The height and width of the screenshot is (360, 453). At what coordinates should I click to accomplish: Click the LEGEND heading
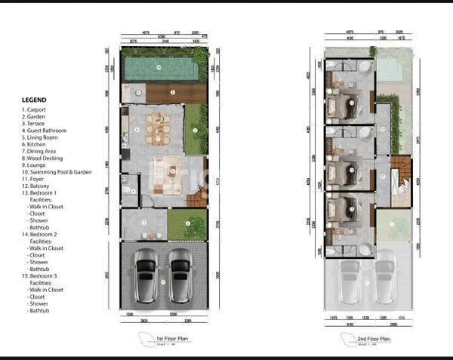[x=34, y=99]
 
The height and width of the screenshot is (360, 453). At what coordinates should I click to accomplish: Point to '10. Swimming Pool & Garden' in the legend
[x=57, y=172]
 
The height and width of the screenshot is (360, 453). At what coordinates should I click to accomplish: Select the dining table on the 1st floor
[x=157, y=128]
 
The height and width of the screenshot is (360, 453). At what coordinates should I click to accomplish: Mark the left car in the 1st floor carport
[x=146, y=275]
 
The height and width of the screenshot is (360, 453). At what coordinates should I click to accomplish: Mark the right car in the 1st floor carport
[x=180, y=275]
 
